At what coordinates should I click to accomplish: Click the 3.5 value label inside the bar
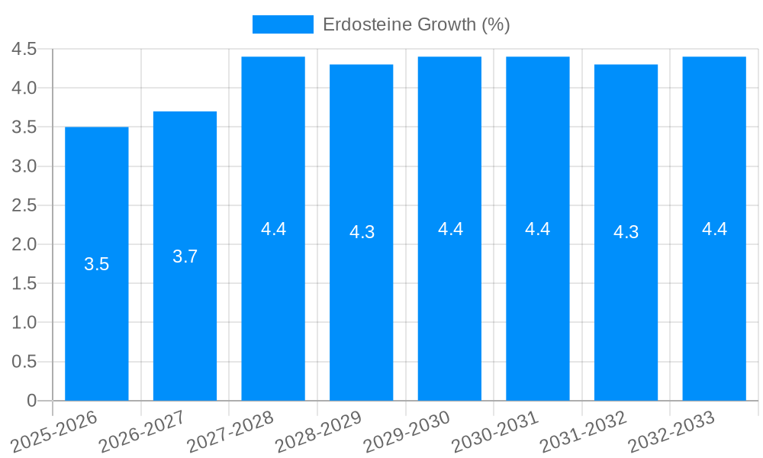coord(96,265)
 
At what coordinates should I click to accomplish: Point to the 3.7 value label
coord(185,256)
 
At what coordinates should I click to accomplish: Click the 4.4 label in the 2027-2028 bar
coord(273,229)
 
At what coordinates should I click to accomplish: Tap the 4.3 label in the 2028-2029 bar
coord(362,233)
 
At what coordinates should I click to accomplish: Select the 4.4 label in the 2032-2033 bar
coord(714,229)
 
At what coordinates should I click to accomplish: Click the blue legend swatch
coord(282,24)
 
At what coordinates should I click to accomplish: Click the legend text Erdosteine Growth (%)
coord(416,24)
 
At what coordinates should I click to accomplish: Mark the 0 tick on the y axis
coord(31,401)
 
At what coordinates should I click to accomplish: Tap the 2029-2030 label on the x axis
coord(407,431)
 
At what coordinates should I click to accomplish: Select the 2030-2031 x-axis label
coord(494,431)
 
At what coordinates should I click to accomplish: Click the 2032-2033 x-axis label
coord(671,431)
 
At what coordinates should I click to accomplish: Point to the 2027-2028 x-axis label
coord(230,431)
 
